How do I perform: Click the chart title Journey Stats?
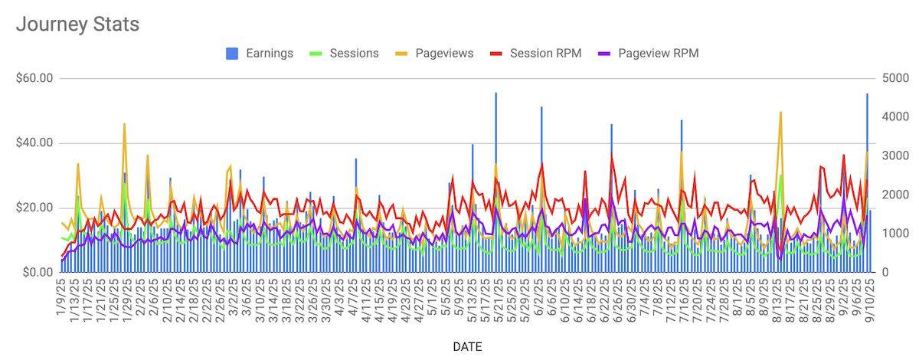click(x=77, y=24)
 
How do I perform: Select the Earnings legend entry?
click(x=270, y=53)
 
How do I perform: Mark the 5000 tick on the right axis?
click(x=891, y=78)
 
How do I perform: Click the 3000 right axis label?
click(x=891, y=156)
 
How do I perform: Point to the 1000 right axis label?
click(x=891, y=234)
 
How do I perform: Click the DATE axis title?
click(x=467, y=347)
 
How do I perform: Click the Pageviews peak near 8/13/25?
click(x=780, y=113)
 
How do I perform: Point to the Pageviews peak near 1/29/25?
click(x=124, y=124)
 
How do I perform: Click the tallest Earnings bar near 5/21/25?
click(x=495, y=93)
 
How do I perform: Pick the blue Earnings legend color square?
click(x=231, y=53)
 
